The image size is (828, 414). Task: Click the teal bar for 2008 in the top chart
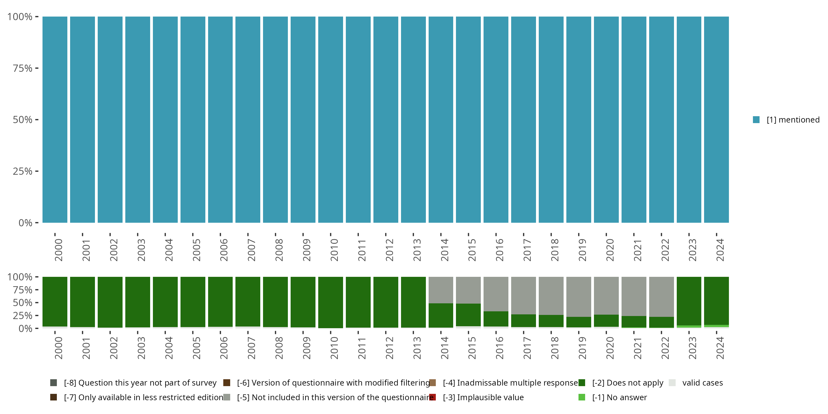275,120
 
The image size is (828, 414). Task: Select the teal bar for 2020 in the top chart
606,120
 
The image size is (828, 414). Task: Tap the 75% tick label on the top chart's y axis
23,68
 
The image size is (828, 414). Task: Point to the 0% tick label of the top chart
25,223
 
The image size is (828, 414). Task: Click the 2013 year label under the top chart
416,250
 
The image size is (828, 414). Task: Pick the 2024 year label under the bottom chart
720,348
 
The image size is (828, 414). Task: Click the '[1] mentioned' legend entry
793,120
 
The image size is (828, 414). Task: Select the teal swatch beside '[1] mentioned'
756,120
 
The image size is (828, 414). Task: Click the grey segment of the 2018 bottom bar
551,296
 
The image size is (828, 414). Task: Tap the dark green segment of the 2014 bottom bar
441,315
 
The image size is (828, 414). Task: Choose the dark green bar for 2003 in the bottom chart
137,302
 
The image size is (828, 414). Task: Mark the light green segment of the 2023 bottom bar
689,327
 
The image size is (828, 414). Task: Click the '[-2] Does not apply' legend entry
627,383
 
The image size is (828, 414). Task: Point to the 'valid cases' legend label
702,383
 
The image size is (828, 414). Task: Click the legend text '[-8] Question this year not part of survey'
140,383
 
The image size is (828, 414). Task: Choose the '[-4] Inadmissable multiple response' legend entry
510,383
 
